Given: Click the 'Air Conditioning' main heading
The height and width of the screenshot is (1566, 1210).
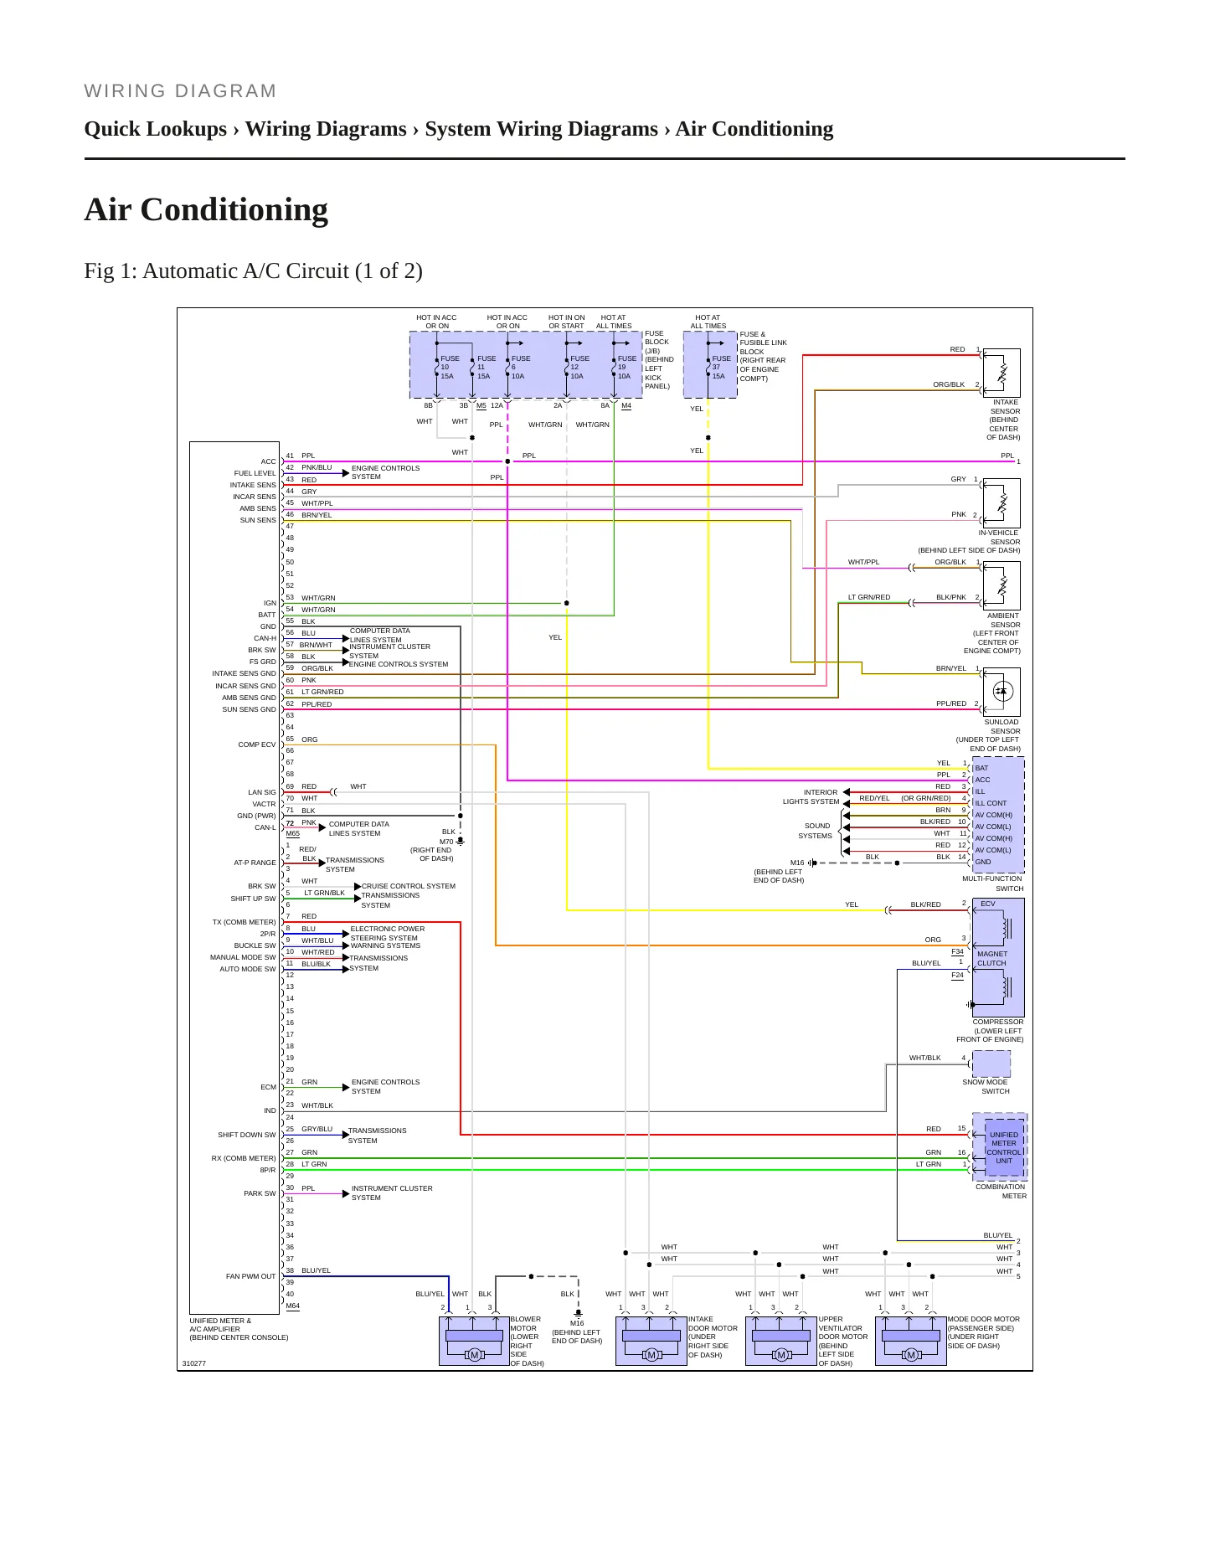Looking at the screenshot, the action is point(206,209).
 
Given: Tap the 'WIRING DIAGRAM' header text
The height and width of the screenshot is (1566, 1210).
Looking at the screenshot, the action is point(180,91).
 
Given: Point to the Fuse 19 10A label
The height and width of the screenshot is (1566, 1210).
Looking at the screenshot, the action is point(626,367).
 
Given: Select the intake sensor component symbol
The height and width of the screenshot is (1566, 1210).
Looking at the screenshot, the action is point(1001,373).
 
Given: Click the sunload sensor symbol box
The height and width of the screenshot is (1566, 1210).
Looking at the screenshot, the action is point(1001,692).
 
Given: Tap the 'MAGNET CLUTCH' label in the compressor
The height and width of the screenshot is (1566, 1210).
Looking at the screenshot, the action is point(992,959).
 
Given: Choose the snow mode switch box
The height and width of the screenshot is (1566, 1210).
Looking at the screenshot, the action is point(991,1064).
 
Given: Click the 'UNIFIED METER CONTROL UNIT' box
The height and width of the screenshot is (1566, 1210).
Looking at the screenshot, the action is point(1004,1147).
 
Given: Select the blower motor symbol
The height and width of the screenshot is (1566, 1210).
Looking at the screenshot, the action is point(474,1341).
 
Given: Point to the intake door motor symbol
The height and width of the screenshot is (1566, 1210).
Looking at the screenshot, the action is point(651,1341).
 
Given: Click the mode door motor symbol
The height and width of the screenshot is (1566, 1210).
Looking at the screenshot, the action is point(911,1341).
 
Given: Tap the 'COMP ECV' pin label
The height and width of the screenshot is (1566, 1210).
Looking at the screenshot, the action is point(256,744).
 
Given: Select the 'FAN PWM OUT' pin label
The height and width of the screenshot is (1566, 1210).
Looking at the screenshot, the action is point(250,1276).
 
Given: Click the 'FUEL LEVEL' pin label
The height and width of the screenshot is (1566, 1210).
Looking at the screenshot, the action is point(255,473).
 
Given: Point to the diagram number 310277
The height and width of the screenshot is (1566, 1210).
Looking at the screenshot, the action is point(194,1363).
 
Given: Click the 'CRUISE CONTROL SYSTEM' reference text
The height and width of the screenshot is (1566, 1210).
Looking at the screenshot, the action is point(409,886).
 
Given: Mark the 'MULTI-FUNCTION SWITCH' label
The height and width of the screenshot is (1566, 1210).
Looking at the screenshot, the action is point(993,883).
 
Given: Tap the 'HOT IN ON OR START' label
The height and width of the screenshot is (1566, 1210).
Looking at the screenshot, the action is point(567,322).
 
